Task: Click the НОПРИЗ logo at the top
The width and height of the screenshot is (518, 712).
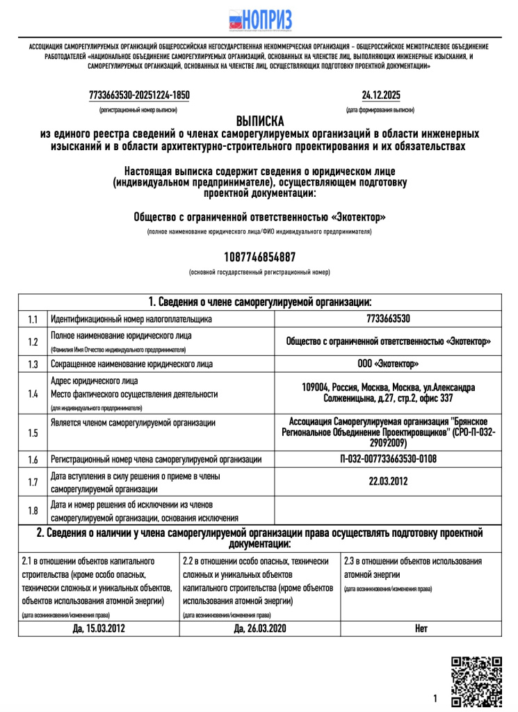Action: pos(259,20)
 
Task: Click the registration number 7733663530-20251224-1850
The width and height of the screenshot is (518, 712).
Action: pos(139,95)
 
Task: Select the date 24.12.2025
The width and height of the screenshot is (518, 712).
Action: pos(380,95)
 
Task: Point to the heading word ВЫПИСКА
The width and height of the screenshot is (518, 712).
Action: pos(259,120)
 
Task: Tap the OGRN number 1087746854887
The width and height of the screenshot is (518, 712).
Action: pos(259,257)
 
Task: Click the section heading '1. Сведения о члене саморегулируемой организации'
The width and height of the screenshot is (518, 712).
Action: pos(259,302)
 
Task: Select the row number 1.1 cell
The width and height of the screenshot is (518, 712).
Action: pos(33,319)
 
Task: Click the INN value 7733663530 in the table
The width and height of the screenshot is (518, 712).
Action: pos(388,319)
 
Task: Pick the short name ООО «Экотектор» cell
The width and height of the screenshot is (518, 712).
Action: pos(388,364)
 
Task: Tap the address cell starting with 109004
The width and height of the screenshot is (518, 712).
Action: pos(388,393)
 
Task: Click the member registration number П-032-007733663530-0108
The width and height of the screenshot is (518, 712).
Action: pos(388,459)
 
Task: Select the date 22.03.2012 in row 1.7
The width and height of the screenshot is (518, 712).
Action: pos(388,481)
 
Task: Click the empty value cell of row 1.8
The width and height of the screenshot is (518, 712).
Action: pos(388,510)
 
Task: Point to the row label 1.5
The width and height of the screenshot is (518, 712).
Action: pos(33,432)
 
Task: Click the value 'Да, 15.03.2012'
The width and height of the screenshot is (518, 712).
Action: pos(99,628)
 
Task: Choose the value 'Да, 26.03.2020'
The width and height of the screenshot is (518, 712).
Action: pos(259,628)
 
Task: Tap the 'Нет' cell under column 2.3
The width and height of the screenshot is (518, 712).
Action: pos(421,628)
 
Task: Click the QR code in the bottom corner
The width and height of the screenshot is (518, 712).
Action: pos(476,681)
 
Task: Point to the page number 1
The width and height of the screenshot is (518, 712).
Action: pos(435,698)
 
